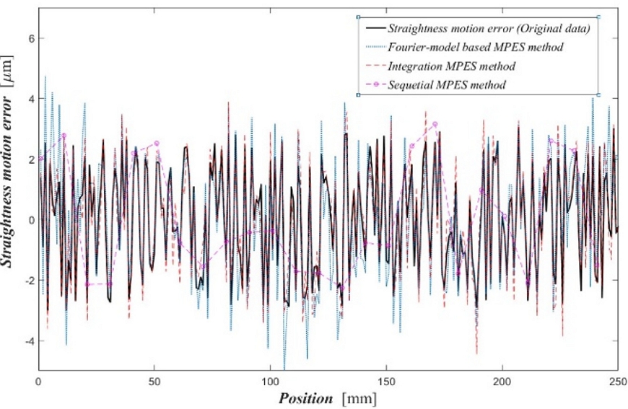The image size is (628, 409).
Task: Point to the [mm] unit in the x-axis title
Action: (359, 397)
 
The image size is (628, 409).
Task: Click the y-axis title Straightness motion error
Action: (13, 180)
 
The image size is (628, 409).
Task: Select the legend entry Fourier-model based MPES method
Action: (475, 48)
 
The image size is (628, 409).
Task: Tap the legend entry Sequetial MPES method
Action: (446, 85)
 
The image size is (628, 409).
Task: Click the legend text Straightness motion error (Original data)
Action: (489, 29)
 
